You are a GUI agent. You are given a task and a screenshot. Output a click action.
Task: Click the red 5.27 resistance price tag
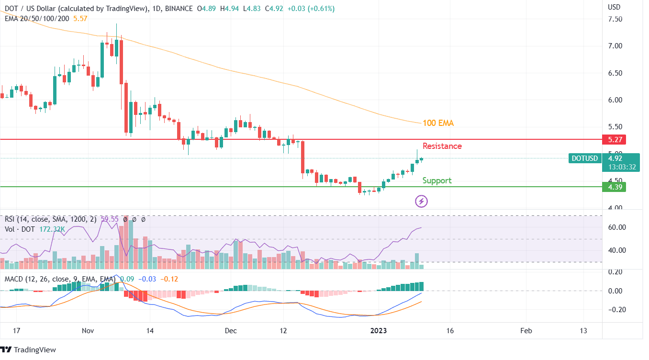(615, 139)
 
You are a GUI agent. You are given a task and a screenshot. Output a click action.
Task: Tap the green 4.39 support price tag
(615, 187)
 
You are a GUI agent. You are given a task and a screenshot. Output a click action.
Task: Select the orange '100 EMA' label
(438, 123)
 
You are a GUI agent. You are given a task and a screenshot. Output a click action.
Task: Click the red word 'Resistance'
(442, 146)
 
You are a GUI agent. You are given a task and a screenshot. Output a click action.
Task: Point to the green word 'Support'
(436, 180)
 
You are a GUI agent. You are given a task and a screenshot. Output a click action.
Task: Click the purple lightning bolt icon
(421, 201)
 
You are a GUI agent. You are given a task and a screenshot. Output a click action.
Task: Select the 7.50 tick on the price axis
(615, 19)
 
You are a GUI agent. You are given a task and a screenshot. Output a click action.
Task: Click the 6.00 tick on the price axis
(615, 100)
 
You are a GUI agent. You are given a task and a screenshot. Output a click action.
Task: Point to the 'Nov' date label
(88, 331)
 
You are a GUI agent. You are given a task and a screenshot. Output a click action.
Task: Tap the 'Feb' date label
(526, 331)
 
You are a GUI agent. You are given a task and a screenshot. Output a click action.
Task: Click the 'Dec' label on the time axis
(231, 331)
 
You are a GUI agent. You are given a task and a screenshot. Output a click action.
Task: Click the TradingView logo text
(34, 350)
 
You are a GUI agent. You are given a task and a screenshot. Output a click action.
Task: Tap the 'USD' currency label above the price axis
(614, 7)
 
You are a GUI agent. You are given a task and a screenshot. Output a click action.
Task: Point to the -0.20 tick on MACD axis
(615, 309)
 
